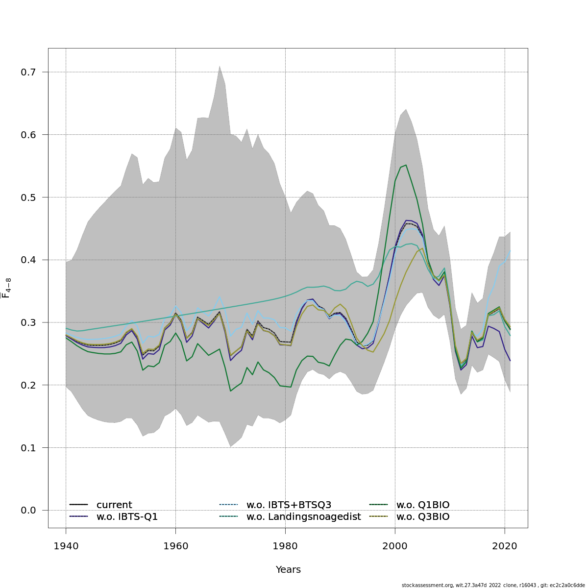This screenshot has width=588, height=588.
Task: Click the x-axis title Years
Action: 288,570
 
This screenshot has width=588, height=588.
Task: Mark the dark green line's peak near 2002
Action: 406,165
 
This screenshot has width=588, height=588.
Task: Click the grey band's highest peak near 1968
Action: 220,66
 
